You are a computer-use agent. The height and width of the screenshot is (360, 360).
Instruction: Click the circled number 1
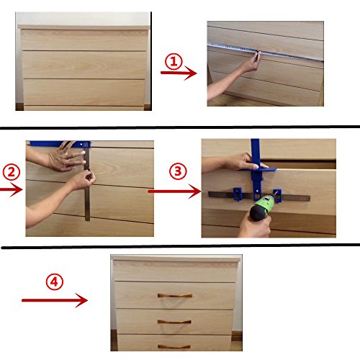click(174, 61)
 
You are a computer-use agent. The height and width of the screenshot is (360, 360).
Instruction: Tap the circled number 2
click(12, 172)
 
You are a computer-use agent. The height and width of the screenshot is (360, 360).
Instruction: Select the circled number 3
click(178, 171)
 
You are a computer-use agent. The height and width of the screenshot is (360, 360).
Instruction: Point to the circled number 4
click(55, 282)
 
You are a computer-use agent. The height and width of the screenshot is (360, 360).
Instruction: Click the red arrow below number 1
click(179, 73)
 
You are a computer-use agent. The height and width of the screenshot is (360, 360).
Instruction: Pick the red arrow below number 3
click(175, 192)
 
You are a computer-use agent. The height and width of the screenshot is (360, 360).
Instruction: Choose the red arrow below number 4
click(55, 300)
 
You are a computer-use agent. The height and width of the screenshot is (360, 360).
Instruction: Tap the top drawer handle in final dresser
click(175, 295)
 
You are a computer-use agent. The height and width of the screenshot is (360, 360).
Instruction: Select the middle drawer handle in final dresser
click(174, 322)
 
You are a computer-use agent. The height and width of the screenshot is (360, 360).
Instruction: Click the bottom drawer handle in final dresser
click(174, 346)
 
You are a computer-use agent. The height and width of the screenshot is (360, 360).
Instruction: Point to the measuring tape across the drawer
click(265, 52)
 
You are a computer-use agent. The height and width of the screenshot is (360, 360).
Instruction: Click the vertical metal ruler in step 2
click(87, 184)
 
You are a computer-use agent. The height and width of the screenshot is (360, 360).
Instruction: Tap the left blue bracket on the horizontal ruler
click(238, 194)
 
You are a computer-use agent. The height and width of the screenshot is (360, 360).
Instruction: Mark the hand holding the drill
click(255, 225)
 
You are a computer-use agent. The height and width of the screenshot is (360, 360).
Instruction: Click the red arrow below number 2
click(12, 189)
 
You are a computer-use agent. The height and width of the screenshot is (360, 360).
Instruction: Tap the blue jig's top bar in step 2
click(60, 144)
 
